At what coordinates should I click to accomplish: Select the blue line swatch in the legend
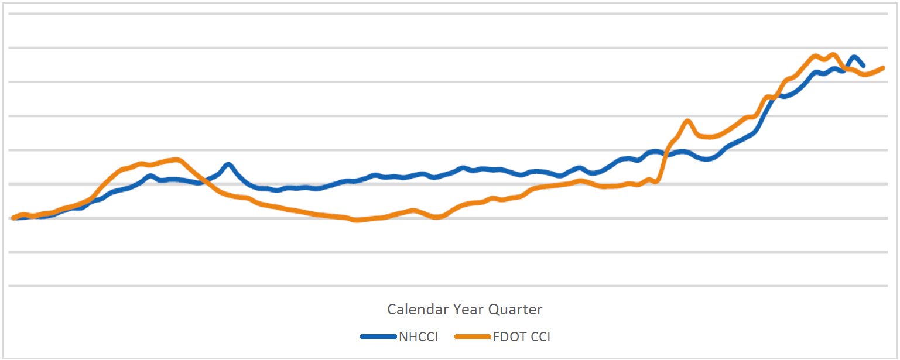379,337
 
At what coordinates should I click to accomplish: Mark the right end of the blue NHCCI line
863,66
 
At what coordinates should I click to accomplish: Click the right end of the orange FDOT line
883,68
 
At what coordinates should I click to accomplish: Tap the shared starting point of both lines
13,218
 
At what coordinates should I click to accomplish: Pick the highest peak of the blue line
854,57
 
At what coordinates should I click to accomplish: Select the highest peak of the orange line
833,54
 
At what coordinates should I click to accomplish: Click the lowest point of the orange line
355,220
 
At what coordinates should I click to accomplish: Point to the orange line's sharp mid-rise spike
688,121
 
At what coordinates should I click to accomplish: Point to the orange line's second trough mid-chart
437,217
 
